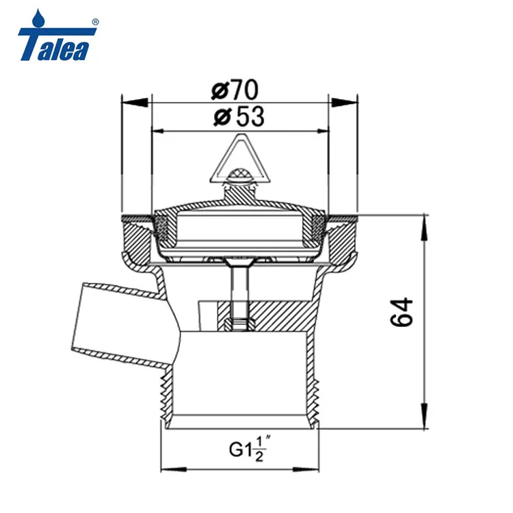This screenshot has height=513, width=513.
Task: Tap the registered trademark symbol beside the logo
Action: pyautogui.click(x=95, y=21)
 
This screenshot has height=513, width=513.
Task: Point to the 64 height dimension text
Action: pyautogui.click(x=403, y=312)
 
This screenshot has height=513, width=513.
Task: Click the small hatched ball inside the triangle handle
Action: pyautogui.click(x=238, y=177)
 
